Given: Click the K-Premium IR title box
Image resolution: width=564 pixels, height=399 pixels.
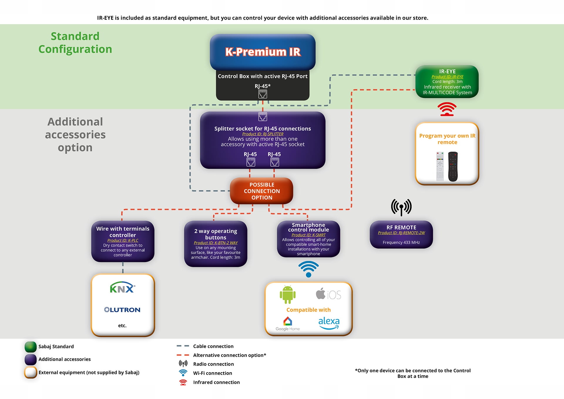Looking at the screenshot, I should [x=263, y=52].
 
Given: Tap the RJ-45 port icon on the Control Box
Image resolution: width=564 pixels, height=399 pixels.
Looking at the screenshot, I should [x=263, y=94].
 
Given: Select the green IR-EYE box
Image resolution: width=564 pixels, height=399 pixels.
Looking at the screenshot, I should [x=447, y=82].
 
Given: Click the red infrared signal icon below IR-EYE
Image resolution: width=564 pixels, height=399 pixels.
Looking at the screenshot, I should [x=447, y=109].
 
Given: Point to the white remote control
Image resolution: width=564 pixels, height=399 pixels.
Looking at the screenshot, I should [x=440, y=166].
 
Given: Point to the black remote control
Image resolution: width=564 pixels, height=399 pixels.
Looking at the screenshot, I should [x=453, y=166].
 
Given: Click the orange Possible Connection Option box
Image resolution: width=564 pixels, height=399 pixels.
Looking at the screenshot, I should [x=261, y=191].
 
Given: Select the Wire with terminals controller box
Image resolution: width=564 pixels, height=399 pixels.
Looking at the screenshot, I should [x=123, y=241].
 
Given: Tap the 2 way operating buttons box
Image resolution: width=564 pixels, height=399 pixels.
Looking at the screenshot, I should [x=216, y=244].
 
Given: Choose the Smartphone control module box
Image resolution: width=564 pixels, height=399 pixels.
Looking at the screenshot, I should [x=308, y=239].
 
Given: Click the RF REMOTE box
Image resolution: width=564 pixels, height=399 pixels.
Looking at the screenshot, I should [x=401, y=234].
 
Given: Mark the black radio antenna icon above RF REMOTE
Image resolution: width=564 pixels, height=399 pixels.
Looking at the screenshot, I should [x=401, y=207].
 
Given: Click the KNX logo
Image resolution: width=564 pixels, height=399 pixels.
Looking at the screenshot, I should [x=122, y=288].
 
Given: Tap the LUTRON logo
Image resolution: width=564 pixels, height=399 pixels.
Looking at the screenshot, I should [x=122, y=310].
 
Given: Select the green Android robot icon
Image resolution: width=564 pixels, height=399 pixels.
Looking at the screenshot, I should [x=288, y=294].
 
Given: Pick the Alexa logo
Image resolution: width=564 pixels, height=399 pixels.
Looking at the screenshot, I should [x=329, y=322].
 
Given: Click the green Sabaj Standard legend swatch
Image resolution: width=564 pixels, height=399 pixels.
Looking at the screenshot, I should [x=31, y=347].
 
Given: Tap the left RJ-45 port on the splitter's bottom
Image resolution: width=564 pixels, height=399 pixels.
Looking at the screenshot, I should [x=251, y=162].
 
